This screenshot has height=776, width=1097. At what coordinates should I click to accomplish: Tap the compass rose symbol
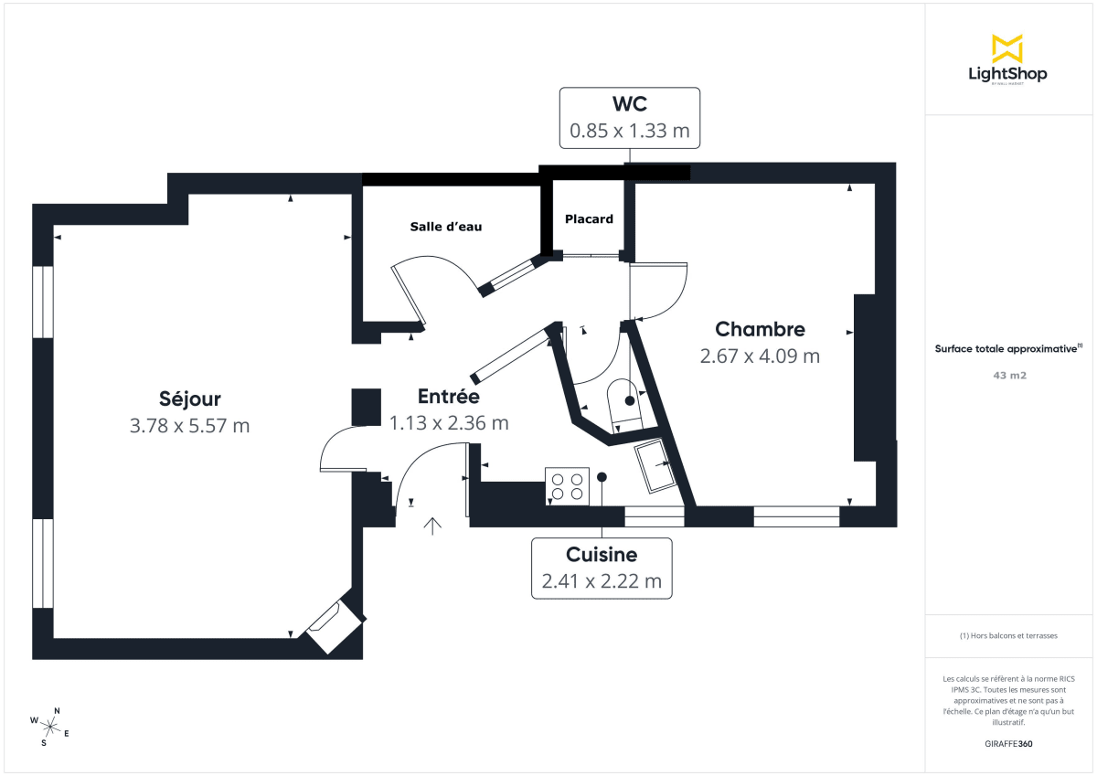pos(51,727)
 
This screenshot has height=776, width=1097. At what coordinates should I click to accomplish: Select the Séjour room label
pos(189,399)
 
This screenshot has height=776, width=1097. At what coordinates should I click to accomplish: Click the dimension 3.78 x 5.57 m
pos(189,425)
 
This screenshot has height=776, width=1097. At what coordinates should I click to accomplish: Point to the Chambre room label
pos(760,329)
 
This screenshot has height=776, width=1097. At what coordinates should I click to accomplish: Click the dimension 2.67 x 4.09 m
pos(760,356)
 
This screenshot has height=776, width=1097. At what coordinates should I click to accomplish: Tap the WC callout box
pos(629,117)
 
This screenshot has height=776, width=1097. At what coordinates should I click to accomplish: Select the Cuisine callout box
pos(602,568)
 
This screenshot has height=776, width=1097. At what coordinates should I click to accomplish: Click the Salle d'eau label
pos(445,227)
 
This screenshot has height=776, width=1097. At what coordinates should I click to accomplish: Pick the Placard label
pos(589,219)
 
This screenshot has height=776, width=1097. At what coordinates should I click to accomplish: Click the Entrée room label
pos(448,397)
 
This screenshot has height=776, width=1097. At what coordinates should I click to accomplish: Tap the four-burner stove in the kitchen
pos(567,485)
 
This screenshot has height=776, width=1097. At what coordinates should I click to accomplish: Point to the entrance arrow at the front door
pos(432,525)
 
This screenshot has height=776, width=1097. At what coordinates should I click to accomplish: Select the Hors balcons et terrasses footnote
pos(1008,635)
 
